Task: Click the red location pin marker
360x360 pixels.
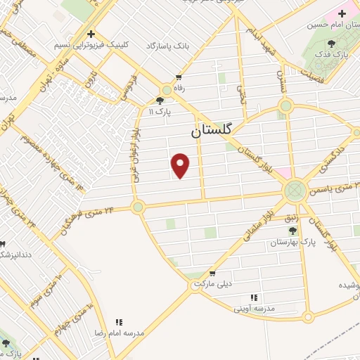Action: (181, 165)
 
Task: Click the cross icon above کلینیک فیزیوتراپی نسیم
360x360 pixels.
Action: (90, 33)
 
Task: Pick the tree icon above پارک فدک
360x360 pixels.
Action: (332, 44)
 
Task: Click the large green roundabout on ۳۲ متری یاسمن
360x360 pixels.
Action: (295, 190)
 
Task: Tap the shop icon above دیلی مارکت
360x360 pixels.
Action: (212, 274)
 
